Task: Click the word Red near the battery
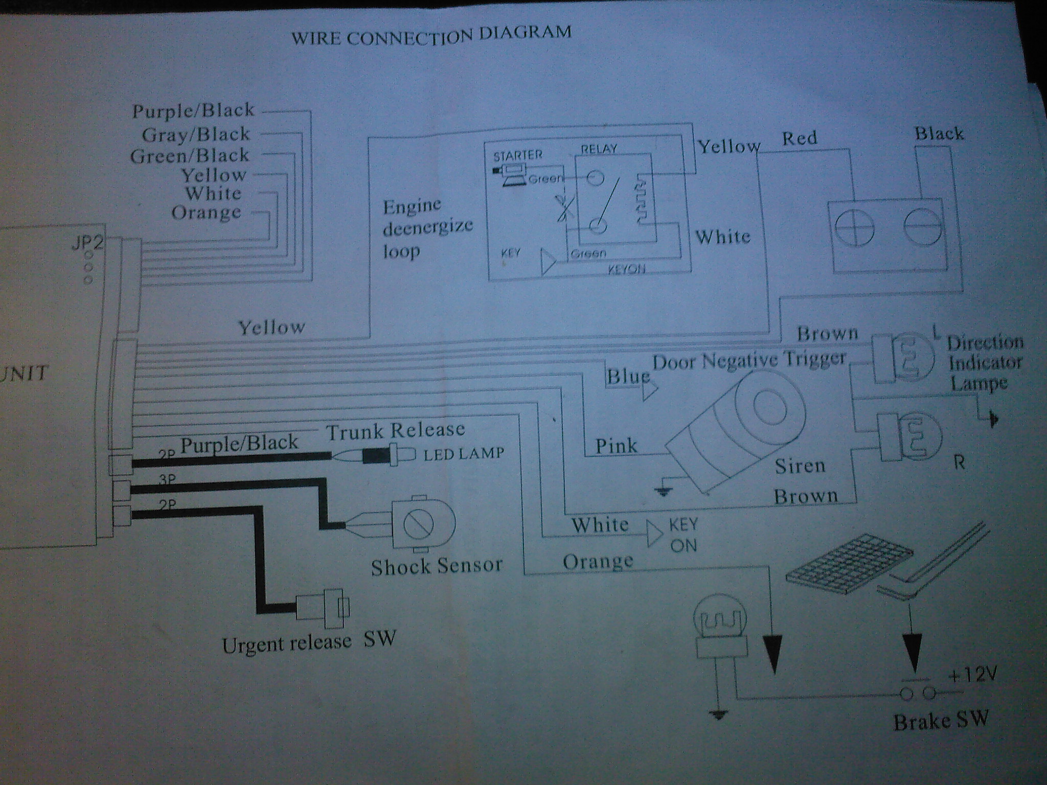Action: [x=800, y=138]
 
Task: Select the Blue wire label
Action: [x=627, y=377]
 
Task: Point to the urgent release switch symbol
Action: [x=323, y=608]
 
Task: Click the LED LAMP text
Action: [x=464, y=454]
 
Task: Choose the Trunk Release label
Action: [x=396, y=431]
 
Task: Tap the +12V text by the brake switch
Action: [x=971, y=676]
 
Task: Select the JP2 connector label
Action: [x=87, y=242]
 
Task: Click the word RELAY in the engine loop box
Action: [x=599, y=149]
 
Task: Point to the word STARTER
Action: [x=517, y=155]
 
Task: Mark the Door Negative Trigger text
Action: [x=749, y=361]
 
